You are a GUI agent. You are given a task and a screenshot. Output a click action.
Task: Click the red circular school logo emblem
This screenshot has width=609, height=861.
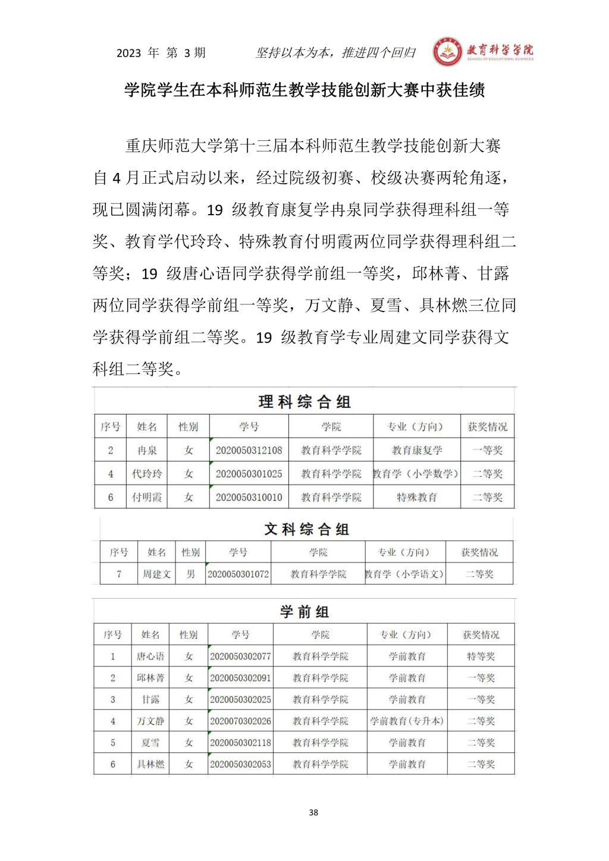click(x=447, y=54)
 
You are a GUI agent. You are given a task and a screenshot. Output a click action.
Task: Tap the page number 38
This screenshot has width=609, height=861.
click(x=314, y=812)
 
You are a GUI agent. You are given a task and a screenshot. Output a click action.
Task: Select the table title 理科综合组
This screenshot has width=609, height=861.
click(x=304, y=401)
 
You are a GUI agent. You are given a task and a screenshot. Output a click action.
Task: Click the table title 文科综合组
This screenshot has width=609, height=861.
click(x=306, y=529)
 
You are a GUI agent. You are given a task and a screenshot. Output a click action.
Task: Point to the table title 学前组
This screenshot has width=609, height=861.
click(x=304, y=611)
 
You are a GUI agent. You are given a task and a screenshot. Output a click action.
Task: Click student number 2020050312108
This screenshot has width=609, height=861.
click(x=249, y=450)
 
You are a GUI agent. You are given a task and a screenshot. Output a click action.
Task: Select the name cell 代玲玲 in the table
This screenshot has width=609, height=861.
click(x=147, y=474)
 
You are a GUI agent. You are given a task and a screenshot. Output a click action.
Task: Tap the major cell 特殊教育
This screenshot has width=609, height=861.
click(x=417, y=497)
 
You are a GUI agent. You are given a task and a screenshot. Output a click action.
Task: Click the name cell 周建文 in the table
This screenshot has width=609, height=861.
click(x=156, y=574)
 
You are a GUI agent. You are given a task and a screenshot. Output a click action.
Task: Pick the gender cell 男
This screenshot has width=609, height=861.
click(x=190, y=574)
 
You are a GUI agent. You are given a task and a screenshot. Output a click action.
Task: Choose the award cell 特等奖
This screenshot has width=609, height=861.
click(x=481, y=656)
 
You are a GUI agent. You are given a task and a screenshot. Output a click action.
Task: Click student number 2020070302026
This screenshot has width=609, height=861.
click(x=240, y=721)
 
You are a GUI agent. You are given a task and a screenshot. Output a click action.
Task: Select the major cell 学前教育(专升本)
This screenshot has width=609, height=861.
click(x=407, y=721)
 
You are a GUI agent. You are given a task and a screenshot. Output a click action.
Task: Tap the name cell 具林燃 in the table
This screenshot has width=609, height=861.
click(x=150, y=764)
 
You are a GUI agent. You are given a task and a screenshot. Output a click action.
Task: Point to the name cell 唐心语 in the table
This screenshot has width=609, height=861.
click(x=150, y=656)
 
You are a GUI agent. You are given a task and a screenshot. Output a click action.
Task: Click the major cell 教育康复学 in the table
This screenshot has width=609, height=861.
click(x=417, y=450)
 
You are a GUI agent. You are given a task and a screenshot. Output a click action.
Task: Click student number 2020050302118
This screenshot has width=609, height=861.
click(x=240, y=743)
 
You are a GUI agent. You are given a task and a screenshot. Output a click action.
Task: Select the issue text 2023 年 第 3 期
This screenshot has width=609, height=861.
click(x=161, y=53)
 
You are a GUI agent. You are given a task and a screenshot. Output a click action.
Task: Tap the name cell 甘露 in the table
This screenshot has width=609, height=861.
click(x=150, y=700)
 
